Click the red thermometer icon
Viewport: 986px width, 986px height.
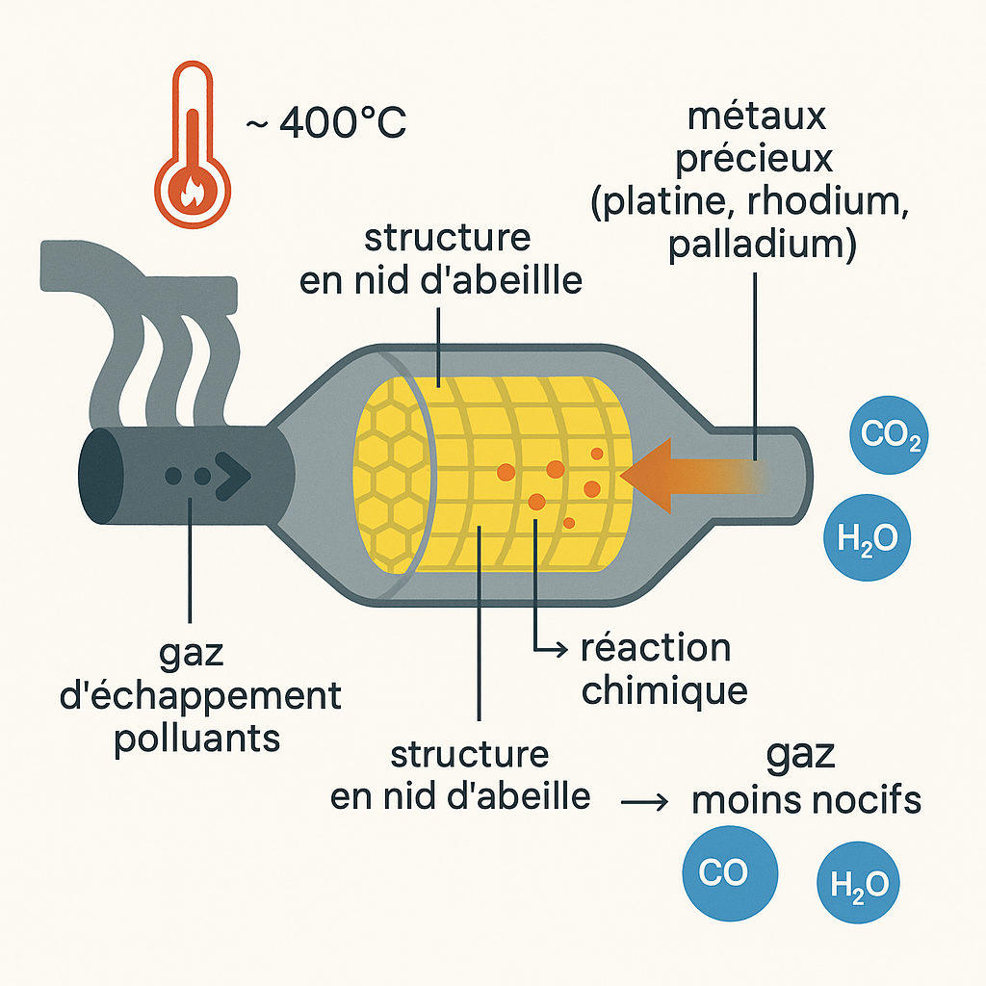point(193,144)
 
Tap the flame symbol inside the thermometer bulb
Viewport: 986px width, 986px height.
point(193,191)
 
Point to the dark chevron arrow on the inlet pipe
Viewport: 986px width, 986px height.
point(233,475)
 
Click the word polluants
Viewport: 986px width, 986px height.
point(198,739)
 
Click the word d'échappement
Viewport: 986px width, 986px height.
point(200,696)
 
